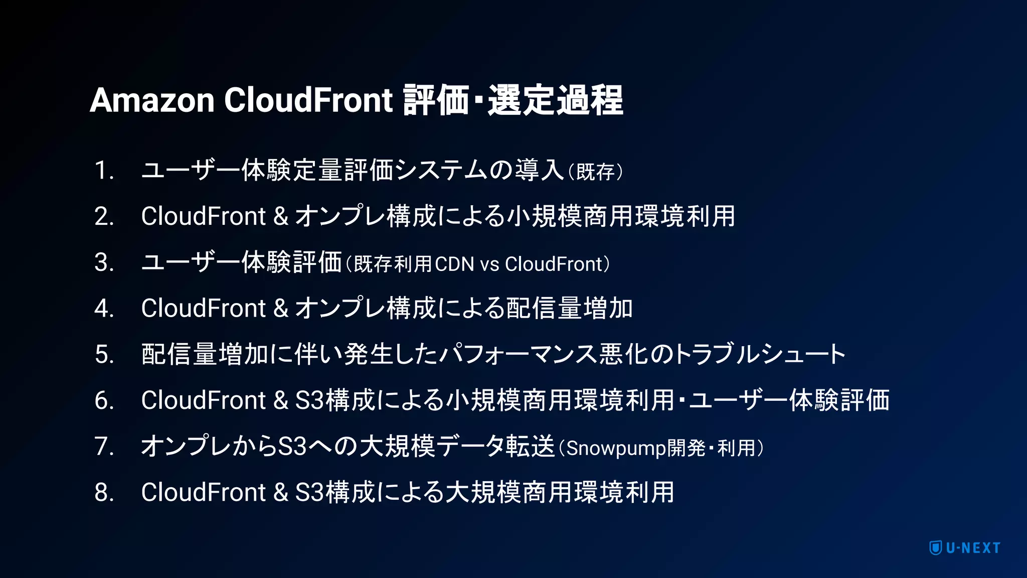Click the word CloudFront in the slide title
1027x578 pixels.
click(x=308, y=100)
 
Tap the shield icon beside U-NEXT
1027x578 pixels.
click(x=935, y=548)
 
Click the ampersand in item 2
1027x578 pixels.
click(x=281, y=217)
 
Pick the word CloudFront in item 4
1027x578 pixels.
click(x=203, y=309)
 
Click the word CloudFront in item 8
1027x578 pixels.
click(x=203, y=493)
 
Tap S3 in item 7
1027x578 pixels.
click(x=292, y=447)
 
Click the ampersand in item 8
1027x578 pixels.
click(x=281, y=493)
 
